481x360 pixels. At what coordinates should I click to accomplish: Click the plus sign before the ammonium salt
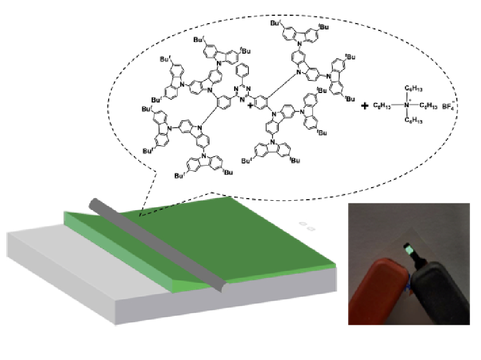(x=365, y=106)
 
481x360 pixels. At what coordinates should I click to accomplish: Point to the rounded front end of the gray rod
(x=223, y=288)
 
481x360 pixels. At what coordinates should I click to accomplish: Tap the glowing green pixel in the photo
(x=407, y=246)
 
